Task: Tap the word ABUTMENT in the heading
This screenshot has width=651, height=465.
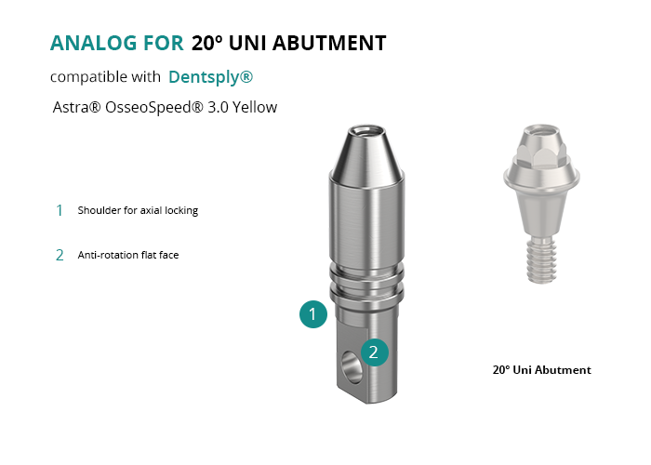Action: pyautogui.click(x=329, y=43)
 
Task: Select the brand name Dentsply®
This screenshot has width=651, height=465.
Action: pyautogui.click(x=210, y=77)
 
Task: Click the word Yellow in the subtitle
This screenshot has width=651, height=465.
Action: pyautogui.click(x=255, y=107)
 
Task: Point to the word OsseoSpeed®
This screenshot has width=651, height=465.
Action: pyautogui.click(x=154, y=108)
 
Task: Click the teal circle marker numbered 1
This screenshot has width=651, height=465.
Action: pyautogui.click(x=313, y=314)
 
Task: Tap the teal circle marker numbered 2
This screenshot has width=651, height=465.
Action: pyautogui.click(x=375, y=352)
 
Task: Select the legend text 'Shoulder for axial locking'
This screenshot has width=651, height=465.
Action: pyautogui.click(x=138, y=210)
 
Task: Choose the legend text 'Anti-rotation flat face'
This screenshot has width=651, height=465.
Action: pyautogui.click(x=128, y=255)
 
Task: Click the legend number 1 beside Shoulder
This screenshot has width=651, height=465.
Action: pyautogui.click(x=60, y=210)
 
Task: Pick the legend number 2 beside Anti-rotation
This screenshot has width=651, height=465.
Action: pyautogui.click(x=60, y=255)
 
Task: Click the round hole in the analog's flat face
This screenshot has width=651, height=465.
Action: pyautogui.click(x=352, y=367)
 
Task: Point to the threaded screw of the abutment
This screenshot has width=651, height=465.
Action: pyautogui.click(x=541, y=260)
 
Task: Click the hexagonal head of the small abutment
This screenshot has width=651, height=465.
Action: pyautogui.click(x=541, y=153)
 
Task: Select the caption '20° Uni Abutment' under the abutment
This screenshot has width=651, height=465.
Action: pyautogui.click(x=542, y=370)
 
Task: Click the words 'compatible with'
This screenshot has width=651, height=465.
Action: pyautogui.click(x=105, y=77)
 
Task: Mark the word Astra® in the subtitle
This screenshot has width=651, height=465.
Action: pyautogui.click(x=77, y=107)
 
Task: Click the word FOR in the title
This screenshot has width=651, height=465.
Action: pyautogui.click(x=163, y=43)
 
